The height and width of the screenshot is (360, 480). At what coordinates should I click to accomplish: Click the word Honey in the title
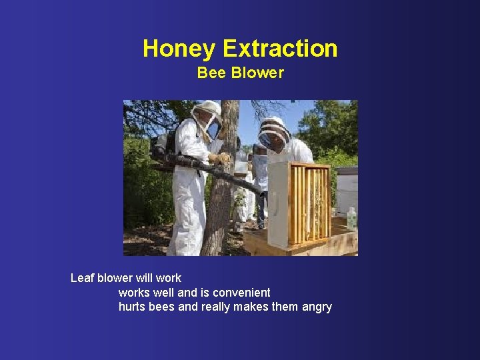coord(179,49)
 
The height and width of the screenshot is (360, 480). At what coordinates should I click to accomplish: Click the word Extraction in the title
coord(280,49)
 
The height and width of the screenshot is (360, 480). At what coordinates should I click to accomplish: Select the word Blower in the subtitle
coord(257,73)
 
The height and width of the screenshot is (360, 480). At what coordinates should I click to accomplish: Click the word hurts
coord(132,307)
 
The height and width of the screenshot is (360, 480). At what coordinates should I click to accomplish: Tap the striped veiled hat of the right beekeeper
coord(273,130)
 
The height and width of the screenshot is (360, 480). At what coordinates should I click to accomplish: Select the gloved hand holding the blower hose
coord(218,158)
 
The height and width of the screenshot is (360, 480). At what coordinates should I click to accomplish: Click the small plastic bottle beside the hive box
coord(351,218)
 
